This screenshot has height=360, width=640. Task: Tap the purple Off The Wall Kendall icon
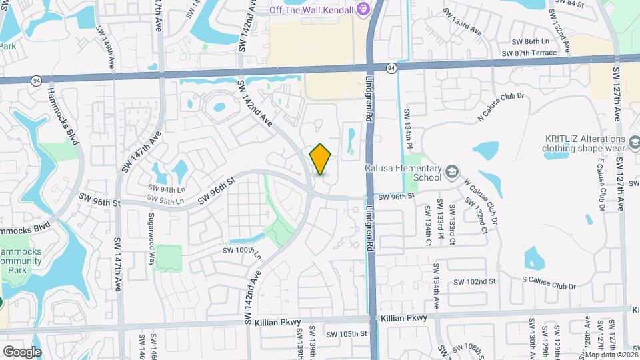(363, 9)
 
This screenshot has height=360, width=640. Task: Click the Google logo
(22, 351)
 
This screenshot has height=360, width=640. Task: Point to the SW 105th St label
(347, 333)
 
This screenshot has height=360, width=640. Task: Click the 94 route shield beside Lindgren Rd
(391, 67)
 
